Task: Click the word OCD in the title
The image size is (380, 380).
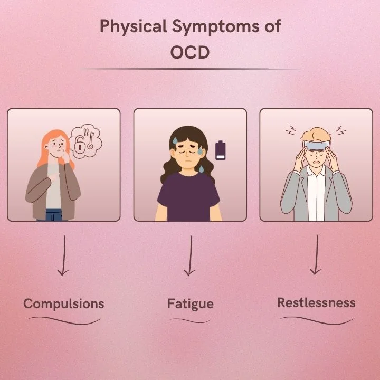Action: pos(190,53)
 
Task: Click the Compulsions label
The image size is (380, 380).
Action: pos(64,303)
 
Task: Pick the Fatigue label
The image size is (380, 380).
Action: pos(190,303)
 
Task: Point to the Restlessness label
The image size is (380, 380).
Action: pos(316,302)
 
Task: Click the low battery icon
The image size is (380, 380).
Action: pos(220,150)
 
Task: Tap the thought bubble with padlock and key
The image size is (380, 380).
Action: pos(84,141)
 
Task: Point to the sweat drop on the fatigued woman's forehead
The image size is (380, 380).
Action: pos(174,139)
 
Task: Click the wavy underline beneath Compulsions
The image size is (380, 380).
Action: pos(63,320)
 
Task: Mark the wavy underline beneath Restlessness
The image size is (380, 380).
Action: pos(316,319)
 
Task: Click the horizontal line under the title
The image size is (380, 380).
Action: pos(190,69)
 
